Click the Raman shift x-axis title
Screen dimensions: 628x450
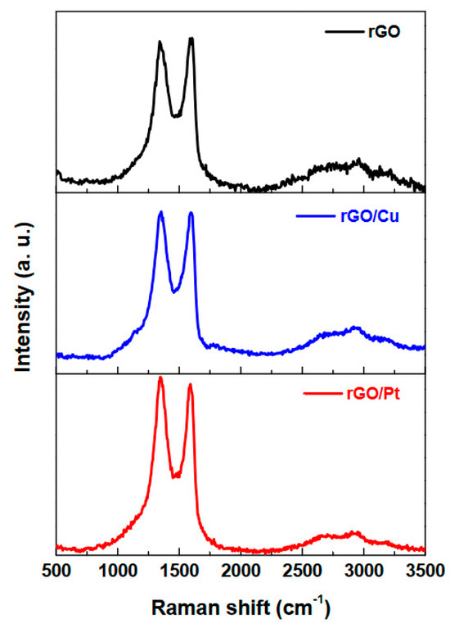(x=241, y=608)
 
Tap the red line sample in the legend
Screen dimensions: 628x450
(x=321, y=395)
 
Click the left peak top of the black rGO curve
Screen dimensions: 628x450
(x=160, y=43)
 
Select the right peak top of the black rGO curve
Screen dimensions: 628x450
(x=191, y=38)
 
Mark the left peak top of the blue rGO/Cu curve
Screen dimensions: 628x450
(x=161, y=213)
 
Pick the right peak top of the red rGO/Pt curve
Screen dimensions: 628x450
(x=191, y=385)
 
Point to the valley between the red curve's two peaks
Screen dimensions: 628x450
(x=175, y=476)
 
